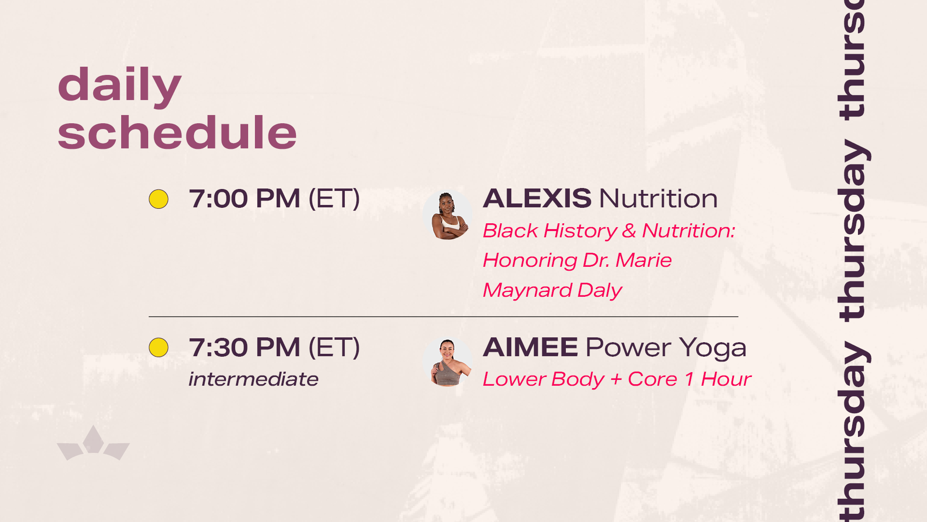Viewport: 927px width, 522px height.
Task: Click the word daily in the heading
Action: (119, 86)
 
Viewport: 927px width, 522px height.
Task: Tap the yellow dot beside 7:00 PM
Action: (158, 199)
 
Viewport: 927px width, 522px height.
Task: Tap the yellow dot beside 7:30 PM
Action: (158, 348)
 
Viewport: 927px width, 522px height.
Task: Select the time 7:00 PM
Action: (244, 199)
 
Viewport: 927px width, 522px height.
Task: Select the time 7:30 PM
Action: (244, 347)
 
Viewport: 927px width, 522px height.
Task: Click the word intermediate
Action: (253, 379)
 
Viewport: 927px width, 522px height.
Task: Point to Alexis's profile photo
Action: (448, 215)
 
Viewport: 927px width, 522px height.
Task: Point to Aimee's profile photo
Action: (448, 362)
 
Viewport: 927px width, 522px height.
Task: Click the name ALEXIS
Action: (537, 199)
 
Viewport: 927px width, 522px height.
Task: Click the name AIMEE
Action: (530, 347)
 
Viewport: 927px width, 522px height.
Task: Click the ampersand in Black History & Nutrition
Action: (629, 231)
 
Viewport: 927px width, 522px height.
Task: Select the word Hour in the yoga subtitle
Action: (726, 379)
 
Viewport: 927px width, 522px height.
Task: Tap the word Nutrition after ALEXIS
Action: (659, 199)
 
